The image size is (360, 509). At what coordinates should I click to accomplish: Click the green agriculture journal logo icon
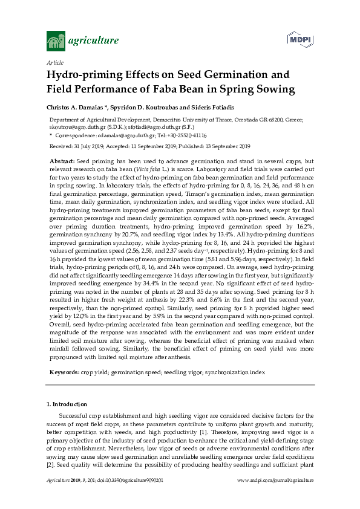[x=56, y=41]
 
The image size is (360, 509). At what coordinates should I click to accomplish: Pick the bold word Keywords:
[x=64, y=374]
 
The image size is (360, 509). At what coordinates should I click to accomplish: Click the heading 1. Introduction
[x=67, y=404]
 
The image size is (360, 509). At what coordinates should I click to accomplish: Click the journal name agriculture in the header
[x=94, y=41]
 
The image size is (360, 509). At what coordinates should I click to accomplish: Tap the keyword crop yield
[x=96, y=374]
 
